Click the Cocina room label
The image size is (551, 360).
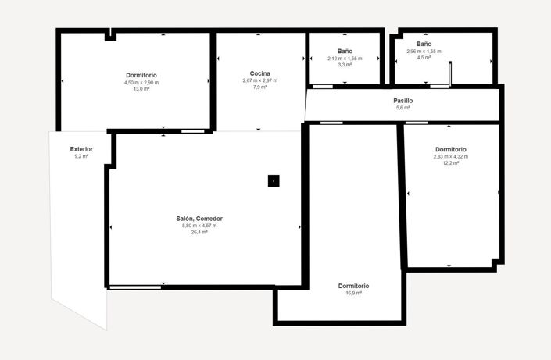click(260, 73)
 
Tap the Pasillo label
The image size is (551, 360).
click(403, 101)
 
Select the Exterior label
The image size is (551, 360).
click(81, 148)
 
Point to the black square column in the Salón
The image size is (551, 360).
click(274, 181)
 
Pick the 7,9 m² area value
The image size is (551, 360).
click(260, 87)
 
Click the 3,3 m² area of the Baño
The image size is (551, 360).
click(345, 65)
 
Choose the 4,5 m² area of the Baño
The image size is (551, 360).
click(424, 58)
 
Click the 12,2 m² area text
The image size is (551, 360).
click(451, 163)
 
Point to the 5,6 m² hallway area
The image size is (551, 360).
click(403, 108)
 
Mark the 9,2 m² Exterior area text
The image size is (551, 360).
click(81, 156)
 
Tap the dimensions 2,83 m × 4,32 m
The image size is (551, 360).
click(451, 156)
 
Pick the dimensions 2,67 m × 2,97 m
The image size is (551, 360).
click(260, 80)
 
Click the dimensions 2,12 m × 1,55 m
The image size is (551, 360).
click(345, 59)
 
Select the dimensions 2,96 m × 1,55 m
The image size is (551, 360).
click(424, 52)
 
